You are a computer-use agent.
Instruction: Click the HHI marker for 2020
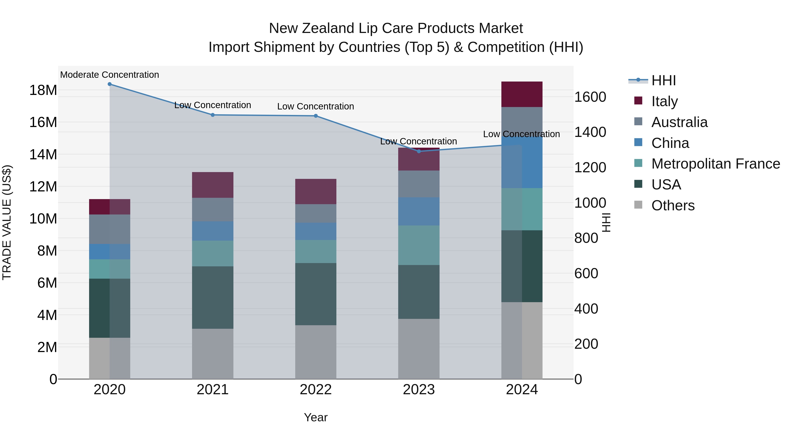point(110,84)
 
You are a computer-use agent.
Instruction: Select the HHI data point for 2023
point(419,151)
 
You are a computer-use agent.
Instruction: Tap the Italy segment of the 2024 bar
point(522,94)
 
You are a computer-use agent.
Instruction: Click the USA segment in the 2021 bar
point(213,297)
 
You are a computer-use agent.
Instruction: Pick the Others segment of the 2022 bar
point(316,352)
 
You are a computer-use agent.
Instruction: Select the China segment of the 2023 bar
point(419,211)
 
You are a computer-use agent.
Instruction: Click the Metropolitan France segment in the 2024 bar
point(522,209)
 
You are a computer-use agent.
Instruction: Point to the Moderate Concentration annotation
point(110,75)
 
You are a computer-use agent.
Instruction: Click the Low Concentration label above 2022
point(315,106)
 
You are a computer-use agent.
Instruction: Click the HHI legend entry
point(664,80)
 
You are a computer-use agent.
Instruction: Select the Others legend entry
point(673,205)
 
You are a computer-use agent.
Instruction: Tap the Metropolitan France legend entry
point(715,164)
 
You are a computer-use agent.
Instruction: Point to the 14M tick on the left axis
point(43,154)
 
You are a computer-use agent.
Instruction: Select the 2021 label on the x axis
point(213,390)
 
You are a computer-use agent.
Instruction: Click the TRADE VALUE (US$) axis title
point(7,222)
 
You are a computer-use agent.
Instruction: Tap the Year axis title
point(315,417)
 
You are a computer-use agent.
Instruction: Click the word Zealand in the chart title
point(328,28)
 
